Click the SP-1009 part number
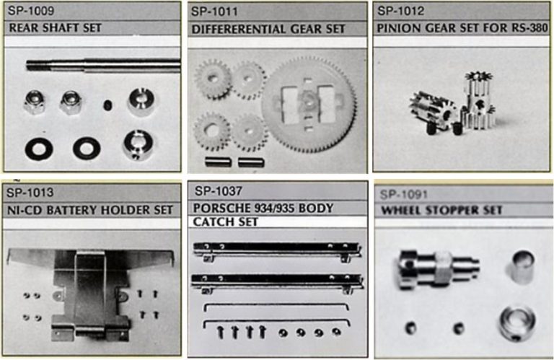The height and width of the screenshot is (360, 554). pyautogui.click(x=31, y=11)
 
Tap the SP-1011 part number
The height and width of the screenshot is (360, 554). pyautogui.click(x=214, y=12)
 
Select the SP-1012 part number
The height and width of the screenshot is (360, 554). pyautogui.click(x=400, y=11)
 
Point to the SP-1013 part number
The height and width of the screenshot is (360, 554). pyautogui.click(x=30, y=193)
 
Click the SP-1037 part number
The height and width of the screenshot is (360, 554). pyautogui.click(x=219, y=191)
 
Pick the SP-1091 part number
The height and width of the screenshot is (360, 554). pyautogui.click(x=404, y=194)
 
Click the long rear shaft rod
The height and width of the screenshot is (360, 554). pyautogui.click(x=103, y=66)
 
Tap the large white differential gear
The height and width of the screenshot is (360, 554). pyautogui.click(x=309, y=105)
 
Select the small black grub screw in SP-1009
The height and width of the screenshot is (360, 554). pyautogui.click(x=107, y=105)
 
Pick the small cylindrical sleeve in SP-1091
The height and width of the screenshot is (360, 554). pyautogui.click(x=522, y=267)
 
